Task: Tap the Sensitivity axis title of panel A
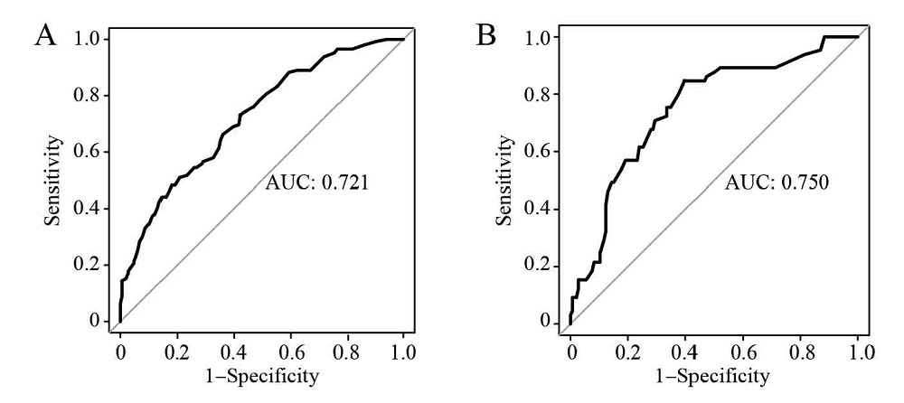[x=56, y=180]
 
